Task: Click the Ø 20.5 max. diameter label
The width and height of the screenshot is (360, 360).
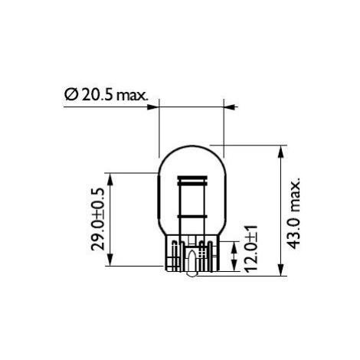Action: coord(106,94)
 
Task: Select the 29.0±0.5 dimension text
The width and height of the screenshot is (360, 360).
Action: coord(97,219)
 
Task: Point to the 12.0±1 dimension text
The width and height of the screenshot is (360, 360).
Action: coord(251,247)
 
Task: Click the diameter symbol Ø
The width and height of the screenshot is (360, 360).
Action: coord(70,94)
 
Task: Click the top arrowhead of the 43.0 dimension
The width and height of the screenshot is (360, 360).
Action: coord(280,151)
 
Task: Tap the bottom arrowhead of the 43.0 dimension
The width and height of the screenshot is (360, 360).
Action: coord(280,270)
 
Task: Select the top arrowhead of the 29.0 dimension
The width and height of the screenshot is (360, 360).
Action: coord(110,179)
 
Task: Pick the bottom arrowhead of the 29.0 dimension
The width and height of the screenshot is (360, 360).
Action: coord(110,260)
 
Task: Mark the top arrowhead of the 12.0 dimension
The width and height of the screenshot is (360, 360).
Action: coord(234,247)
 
